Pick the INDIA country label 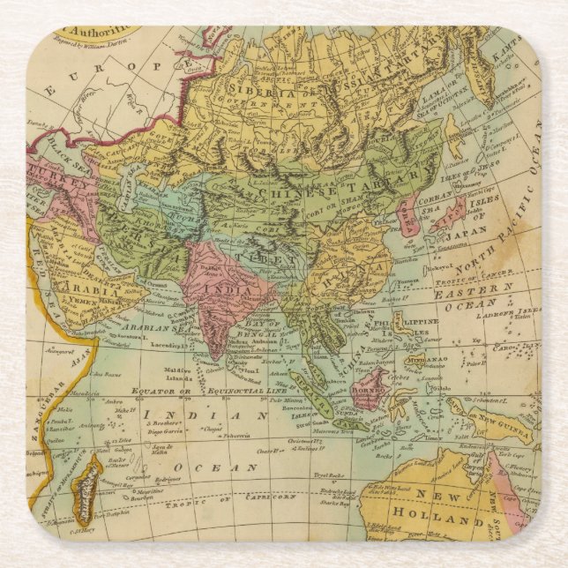click(x=220, y=288)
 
